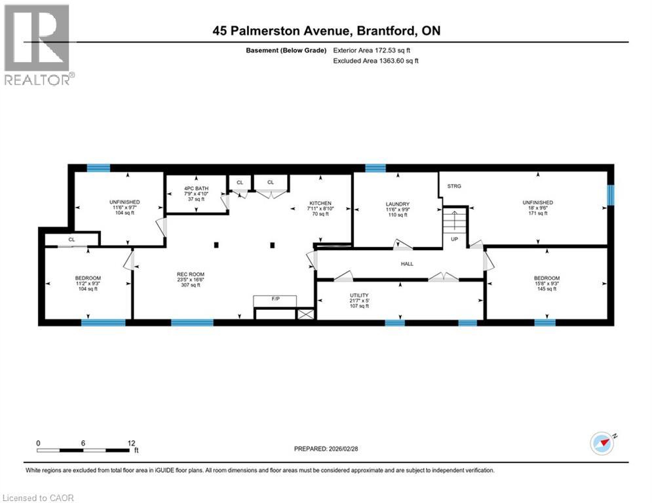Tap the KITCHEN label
click(320, 203)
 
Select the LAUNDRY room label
click(397, 204)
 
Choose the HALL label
click(408, 263)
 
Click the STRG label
click(454, 187)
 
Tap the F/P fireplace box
click(275, 301)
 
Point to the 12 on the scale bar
click(132, 442)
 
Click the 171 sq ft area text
click(537, 214)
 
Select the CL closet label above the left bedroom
click(72, 240)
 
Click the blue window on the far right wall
click(611, 195)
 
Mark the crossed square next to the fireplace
click(305, 314)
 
